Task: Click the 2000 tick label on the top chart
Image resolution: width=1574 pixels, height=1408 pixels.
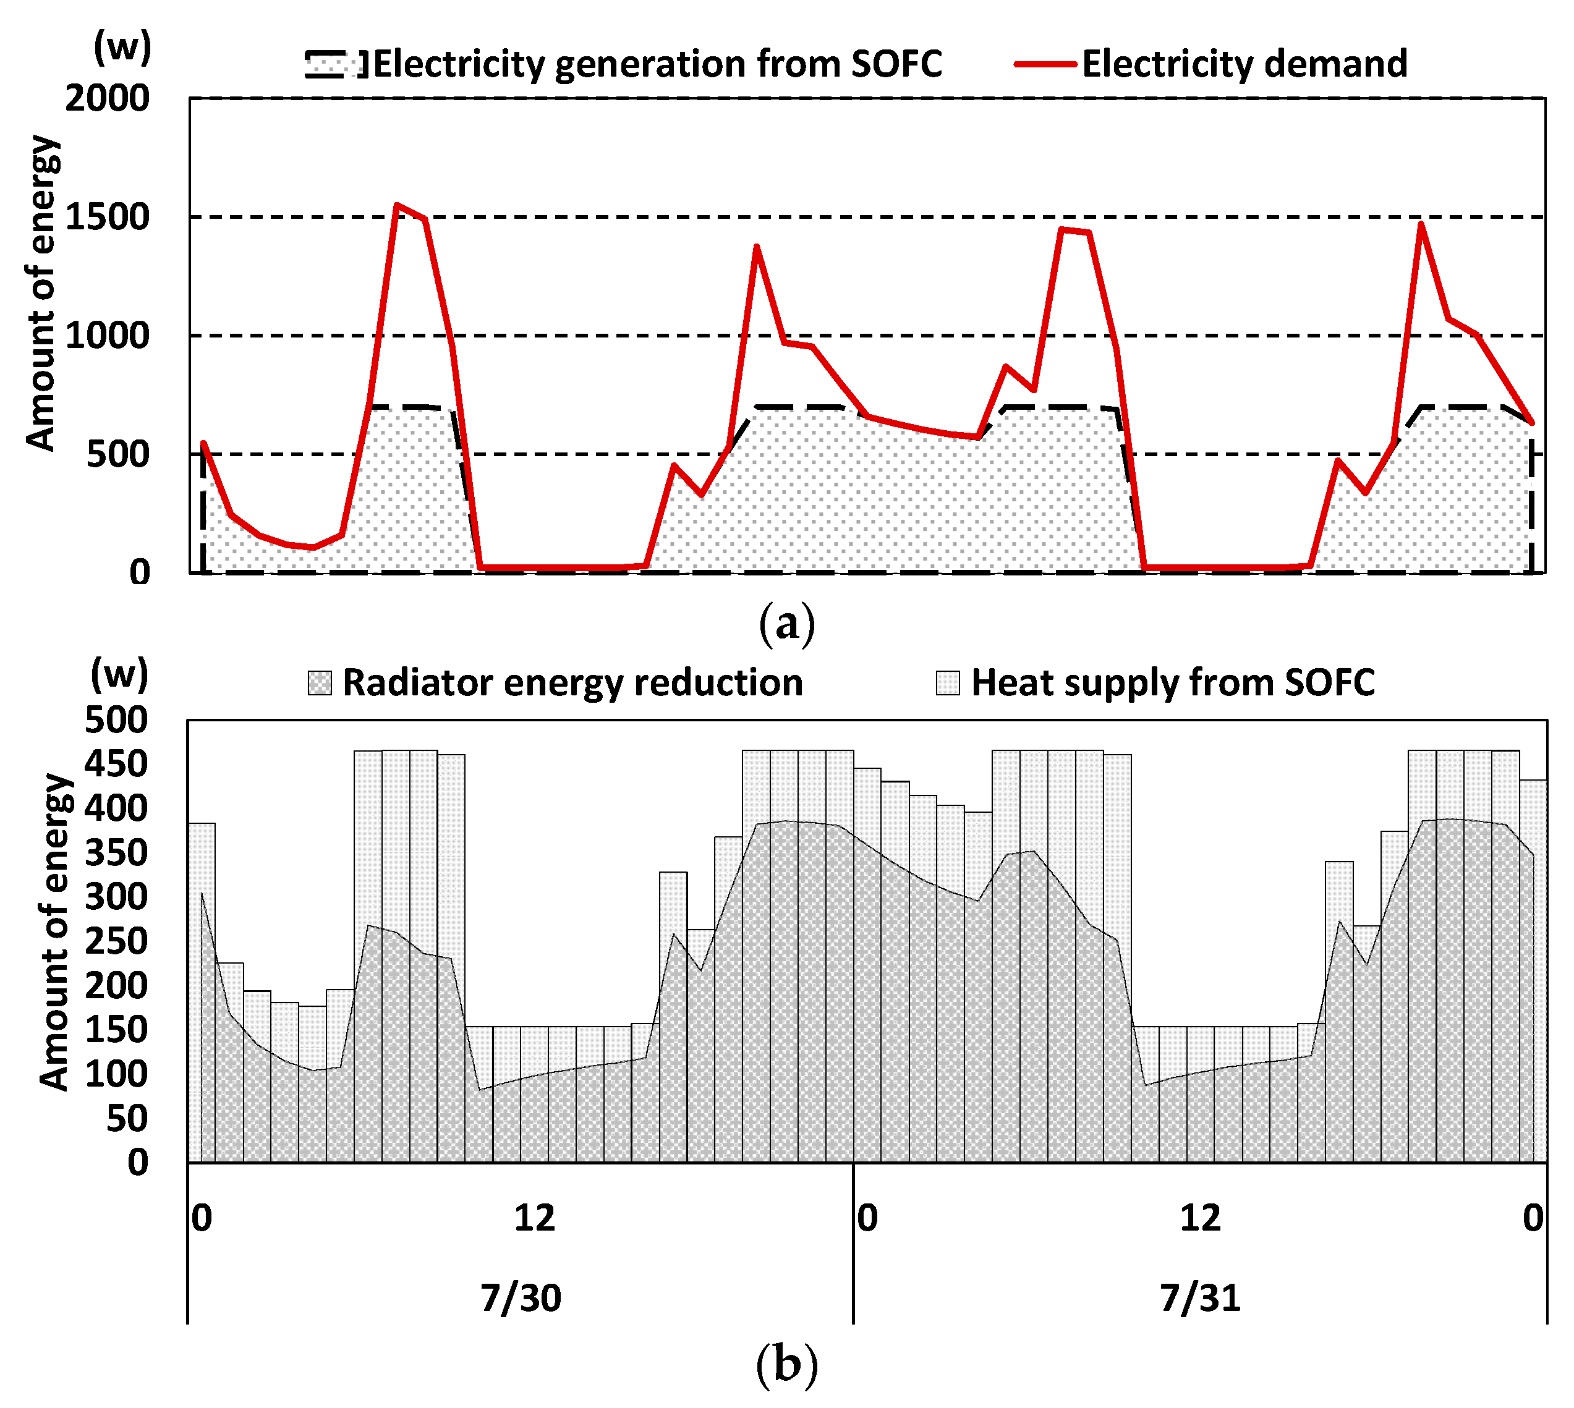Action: (x=107, y=99)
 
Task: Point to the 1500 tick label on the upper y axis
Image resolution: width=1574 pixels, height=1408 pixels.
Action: (x=107, y=218)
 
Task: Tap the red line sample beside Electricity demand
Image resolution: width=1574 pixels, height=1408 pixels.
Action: (x=1045, y=64)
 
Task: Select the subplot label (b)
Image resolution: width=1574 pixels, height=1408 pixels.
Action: (x=786, y=1364)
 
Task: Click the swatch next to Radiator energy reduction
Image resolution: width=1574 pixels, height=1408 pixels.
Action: (x=320, y=683)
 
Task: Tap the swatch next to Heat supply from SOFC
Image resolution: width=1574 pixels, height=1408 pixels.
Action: (x=947, y=683)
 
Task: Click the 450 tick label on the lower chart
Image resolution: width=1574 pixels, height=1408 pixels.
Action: (x=116, y=765)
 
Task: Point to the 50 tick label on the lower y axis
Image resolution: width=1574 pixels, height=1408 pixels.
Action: (x=126, y=1119)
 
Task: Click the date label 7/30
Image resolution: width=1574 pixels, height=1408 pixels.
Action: (x=521, y=1297)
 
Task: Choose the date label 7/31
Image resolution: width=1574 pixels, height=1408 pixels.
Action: (x=1200, y=1297)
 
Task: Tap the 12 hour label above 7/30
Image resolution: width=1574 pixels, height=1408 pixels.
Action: (x=535, y=1218)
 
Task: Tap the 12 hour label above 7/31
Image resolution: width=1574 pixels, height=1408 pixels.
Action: (x=1200, y=1218)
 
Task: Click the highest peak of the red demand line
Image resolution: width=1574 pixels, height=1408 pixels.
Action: (x=396, y=205)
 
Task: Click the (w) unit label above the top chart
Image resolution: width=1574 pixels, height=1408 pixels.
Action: (x=122, y=48)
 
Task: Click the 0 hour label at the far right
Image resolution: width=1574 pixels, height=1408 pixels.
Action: (x=1532, y=1218)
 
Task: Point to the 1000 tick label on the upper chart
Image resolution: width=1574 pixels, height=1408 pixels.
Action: (x=107, y=336)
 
